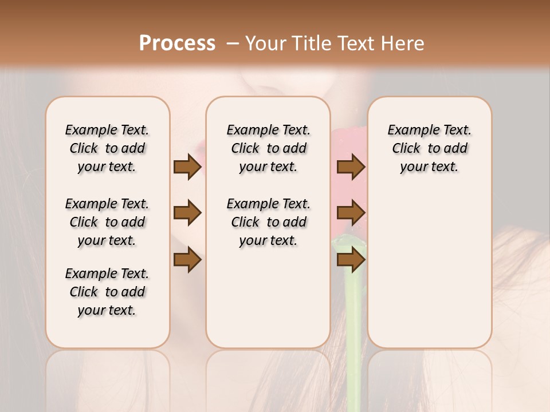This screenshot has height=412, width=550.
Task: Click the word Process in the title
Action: (177, 43)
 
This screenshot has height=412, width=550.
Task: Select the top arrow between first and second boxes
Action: (187, 167)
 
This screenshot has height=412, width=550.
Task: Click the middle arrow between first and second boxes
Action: (187, 213)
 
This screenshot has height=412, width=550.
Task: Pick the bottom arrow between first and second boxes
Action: (187, 260)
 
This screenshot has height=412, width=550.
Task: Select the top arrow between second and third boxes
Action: (351, 167)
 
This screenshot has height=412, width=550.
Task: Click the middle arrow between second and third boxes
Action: (351, 213)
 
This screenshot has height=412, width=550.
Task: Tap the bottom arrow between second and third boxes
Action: (351, 260)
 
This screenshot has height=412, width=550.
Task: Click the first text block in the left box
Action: (107, 148)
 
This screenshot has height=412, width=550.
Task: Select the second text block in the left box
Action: (107, 222)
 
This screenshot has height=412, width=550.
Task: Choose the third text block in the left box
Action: (107, 292)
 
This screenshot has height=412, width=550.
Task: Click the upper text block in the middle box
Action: (269, 148)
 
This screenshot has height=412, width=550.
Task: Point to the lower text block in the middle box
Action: (269, 222)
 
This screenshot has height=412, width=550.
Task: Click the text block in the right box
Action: (430, 148)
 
